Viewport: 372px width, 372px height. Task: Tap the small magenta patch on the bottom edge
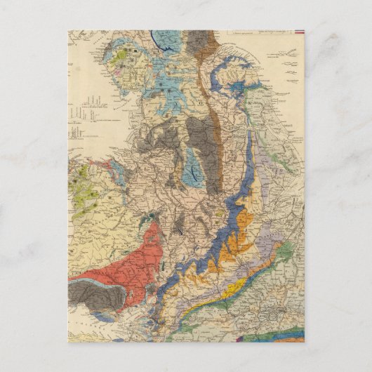[x=243, y=340]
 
